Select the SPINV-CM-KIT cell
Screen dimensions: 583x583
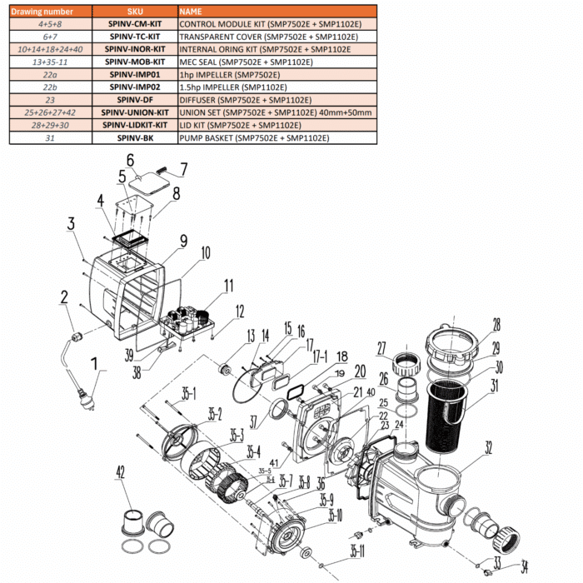135,25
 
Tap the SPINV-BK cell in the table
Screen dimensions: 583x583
135,137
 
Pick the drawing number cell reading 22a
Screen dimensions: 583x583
50,75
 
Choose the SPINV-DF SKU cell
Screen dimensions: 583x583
135,100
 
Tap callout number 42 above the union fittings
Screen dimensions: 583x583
121,472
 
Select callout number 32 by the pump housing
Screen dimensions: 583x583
489,447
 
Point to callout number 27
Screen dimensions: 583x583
382,347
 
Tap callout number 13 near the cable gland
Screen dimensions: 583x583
227,336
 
